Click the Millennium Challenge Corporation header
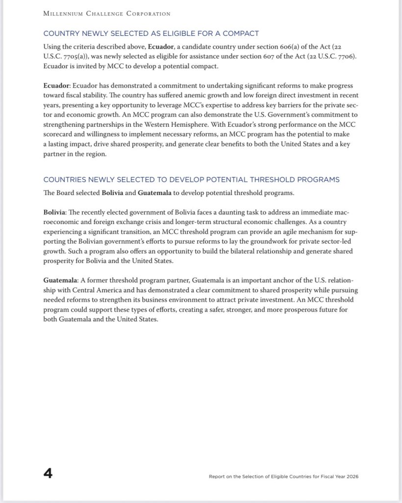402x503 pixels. (107, 14)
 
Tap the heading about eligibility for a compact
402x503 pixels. (151, 33)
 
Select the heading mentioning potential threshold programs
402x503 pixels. (191, 180)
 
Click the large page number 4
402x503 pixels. (48, 474)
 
